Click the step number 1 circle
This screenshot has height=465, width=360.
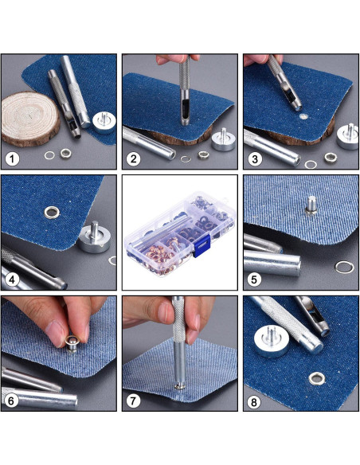[12, 159]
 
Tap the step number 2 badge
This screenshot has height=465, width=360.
[133, 159]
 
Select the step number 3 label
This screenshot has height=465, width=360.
[254, 159]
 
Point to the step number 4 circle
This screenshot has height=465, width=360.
[12, 279]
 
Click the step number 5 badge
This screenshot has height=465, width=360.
[254, 279]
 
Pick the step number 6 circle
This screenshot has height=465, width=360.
[11, 401]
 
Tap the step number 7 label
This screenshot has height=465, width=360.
[133, 401]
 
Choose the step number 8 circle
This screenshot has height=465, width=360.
[254, 402]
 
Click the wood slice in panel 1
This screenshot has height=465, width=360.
[29, 119]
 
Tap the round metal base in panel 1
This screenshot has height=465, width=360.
[104, 122]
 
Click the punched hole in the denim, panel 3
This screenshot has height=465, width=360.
[303, 116]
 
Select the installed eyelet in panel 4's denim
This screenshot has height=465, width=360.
[52, 213]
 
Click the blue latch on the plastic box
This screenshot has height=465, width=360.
[202, 245]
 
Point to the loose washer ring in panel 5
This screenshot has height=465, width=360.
[344, 268]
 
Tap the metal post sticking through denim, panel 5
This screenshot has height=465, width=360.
[311, 205]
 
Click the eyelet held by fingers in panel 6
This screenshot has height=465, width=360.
[72, 344]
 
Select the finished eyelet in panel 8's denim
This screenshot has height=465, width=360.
[317, 379]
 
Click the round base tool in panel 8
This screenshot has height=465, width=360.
[272, 340]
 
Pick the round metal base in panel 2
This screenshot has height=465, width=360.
[223, 140]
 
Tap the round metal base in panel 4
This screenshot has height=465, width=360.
[95, 237]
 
